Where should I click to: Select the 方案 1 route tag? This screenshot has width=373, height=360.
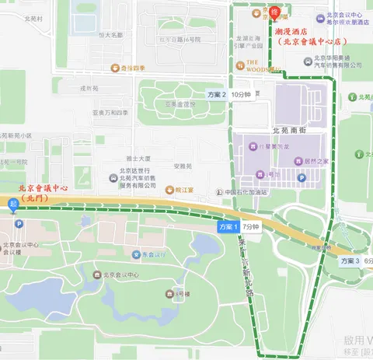227,226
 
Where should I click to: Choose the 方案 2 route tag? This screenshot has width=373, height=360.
217,94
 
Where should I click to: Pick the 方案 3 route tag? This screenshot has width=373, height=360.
350,261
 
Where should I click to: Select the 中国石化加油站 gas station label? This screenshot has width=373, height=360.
250,191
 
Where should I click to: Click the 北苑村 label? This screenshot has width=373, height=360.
33,17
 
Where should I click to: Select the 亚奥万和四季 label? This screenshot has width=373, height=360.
110,113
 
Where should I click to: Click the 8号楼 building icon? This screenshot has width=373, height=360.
169,293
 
